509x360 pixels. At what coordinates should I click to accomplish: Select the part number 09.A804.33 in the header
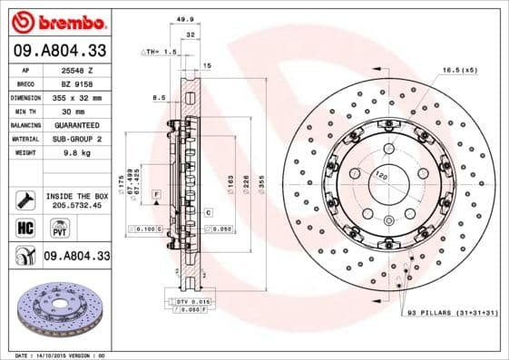(59, 50)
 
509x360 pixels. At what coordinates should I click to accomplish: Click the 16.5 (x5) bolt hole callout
(459, 69)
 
